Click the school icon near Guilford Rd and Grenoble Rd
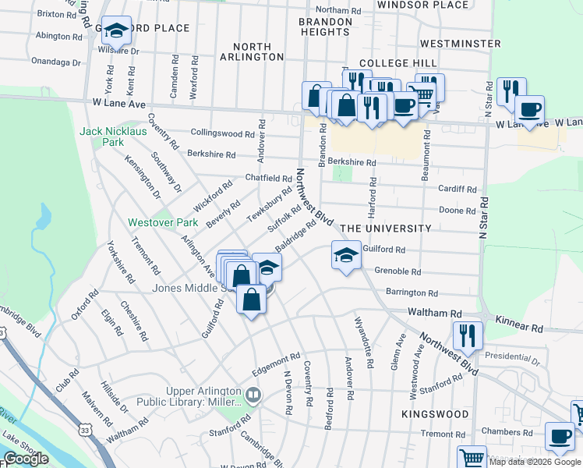pos(346,254)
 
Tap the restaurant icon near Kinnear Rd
pos(468,335)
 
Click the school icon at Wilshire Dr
pos(117,31)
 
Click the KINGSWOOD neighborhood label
pos(436,413)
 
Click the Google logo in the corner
pos(26,459)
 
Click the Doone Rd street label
pos(458,211)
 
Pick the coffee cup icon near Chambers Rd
pos(559,437)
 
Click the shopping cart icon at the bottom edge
pos(471,458)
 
